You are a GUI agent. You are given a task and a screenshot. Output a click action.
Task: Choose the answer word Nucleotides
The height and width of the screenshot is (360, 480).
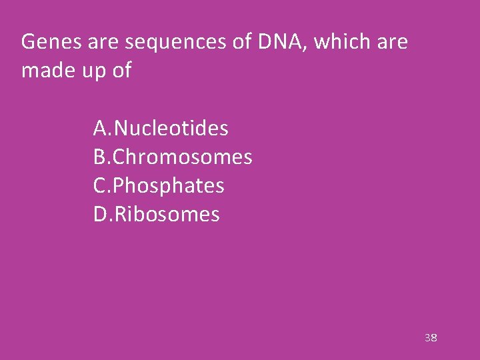coord(172,128)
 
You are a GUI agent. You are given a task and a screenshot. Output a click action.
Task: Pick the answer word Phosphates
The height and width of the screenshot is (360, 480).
coord(169,186)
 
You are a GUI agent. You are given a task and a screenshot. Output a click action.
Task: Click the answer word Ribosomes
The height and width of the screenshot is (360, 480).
coord(167,215)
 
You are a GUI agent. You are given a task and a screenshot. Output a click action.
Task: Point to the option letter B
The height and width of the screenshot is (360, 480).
coord(100,157)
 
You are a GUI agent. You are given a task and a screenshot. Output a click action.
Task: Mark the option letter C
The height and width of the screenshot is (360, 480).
coord(100,186)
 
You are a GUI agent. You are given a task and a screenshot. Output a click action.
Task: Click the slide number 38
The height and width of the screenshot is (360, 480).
coord(431,338)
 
